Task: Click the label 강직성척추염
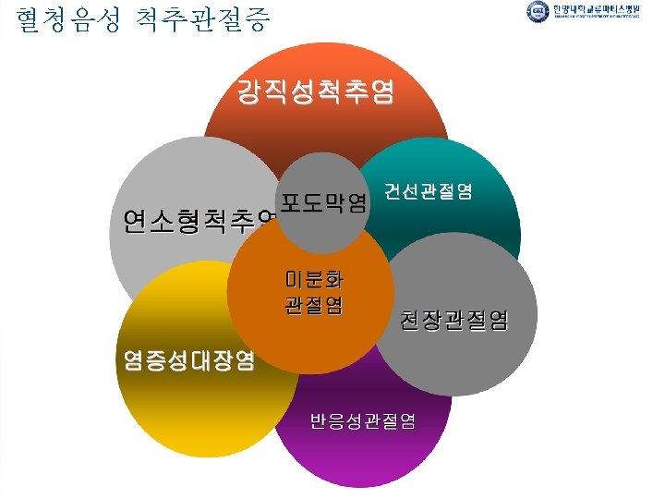point(315,92)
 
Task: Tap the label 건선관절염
point(429,192)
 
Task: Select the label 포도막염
point(322,201)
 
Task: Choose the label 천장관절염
point(453,320)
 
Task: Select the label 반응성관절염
point(362,421)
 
